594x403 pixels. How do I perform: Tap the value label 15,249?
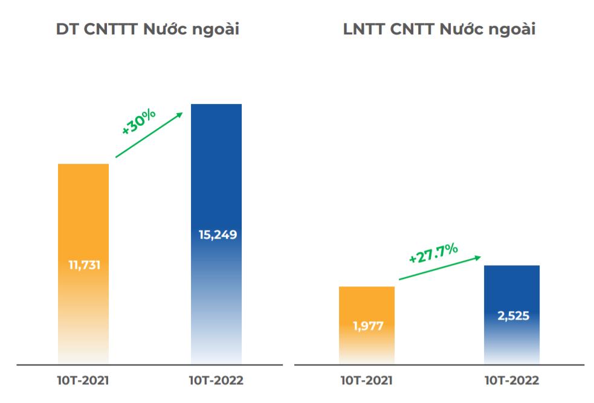coord(216,234)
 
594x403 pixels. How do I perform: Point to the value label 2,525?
coord(511,316)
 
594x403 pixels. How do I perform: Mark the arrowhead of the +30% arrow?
coord(180,114)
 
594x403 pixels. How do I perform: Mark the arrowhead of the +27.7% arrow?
coord(478,257)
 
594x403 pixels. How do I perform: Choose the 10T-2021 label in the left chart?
coord(83,381)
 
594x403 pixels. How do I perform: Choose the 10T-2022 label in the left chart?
coord(216,381)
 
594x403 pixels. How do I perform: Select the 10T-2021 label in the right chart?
coord(367,381)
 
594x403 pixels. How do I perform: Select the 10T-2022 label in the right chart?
coord(511,381)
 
